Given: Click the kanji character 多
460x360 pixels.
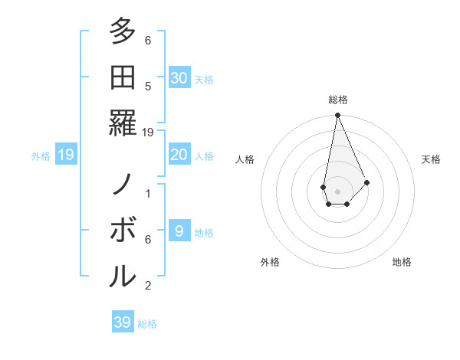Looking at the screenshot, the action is click(123, 31).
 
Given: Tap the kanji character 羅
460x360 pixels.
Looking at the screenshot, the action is click(123, 122).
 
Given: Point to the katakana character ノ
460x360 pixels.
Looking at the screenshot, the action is click(123, 185).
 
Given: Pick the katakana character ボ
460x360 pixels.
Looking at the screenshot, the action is click(123, 230).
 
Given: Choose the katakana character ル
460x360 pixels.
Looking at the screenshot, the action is click(123, 275).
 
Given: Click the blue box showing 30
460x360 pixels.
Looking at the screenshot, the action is click(179, 77).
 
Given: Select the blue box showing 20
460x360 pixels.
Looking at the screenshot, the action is click(179, 155).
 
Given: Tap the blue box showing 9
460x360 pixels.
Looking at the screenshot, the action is click(179, 231).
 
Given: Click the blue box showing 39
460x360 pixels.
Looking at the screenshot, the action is click(123, 322).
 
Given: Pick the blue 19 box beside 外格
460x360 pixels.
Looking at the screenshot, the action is click(65, 155).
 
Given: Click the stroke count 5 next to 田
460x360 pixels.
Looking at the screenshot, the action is click(148, 86).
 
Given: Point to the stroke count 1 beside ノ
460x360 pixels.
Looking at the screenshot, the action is click(148, 194).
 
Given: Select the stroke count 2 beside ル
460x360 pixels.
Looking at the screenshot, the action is click(148, 286).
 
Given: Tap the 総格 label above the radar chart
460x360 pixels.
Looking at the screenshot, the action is click(337, 100).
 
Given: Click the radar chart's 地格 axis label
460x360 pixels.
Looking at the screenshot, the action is click(402, 262).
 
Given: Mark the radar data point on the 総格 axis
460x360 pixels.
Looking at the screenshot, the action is click(337, 116).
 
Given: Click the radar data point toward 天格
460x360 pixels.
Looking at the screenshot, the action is click(367, 182).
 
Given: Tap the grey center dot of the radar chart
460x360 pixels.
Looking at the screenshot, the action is click(337, 191).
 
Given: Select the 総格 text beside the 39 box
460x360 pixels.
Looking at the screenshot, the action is click(148, 324).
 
